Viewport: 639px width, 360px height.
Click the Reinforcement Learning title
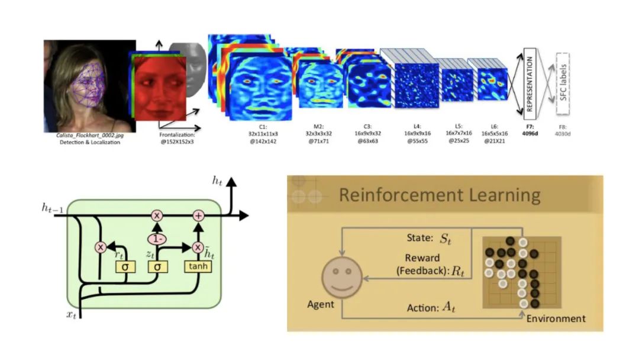439,195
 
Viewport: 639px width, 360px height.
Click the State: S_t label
426,239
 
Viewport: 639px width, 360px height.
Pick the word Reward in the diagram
422,258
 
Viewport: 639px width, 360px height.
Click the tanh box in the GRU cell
198,267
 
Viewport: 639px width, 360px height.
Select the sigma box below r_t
125,267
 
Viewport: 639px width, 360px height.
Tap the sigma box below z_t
157,267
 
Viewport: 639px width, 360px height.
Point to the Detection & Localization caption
89,142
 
